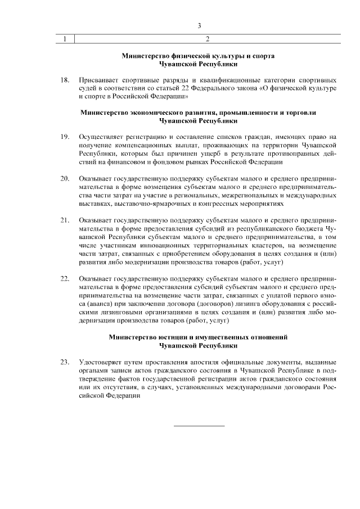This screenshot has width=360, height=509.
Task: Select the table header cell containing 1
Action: point(66,39)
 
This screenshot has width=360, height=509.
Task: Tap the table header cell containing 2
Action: point(208,39)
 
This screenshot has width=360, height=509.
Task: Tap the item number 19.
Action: point(65,137)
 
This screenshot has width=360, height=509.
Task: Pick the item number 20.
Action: point(65,178)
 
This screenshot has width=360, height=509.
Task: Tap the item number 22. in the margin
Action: point(65,278)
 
